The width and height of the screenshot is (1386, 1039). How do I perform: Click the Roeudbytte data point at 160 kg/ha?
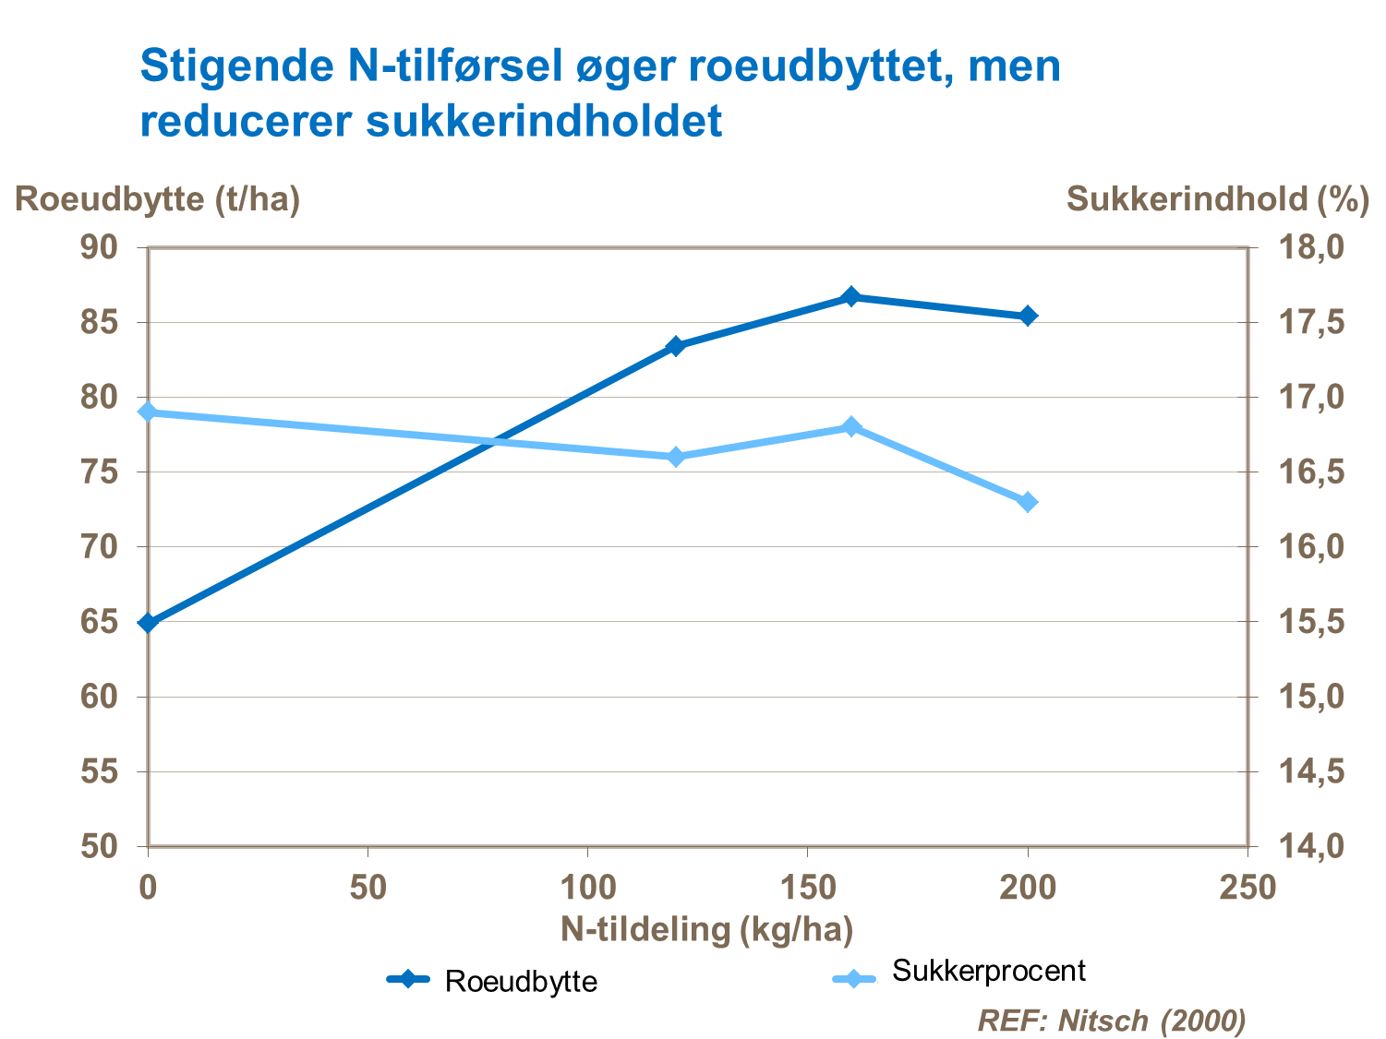851,297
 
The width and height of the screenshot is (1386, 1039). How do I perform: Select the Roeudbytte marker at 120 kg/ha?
676,346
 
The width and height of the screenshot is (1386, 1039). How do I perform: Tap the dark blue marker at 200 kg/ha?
1028,316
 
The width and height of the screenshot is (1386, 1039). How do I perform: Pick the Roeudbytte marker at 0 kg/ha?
149,623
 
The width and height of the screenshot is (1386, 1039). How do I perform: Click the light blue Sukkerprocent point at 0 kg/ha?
149,412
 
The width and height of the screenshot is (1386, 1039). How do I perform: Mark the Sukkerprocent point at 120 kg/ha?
676,457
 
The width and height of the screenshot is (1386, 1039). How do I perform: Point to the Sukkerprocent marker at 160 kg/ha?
851,426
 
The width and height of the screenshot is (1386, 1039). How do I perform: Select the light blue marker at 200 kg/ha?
1028,502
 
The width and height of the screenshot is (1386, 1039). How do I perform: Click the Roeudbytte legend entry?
492,980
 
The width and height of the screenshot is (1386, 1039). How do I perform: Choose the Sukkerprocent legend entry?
960,973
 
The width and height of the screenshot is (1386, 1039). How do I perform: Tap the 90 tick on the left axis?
100,247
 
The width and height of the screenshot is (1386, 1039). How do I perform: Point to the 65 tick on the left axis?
100,622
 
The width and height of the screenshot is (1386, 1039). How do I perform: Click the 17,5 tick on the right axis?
1311,323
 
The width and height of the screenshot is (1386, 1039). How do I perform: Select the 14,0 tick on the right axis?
1311,846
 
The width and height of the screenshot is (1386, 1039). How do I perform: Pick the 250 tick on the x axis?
1247,888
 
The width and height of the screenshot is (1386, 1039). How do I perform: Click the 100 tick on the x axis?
588,888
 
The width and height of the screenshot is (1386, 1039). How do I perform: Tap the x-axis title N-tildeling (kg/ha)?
706,929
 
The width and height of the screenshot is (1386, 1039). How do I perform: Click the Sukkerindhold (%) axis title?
1217,198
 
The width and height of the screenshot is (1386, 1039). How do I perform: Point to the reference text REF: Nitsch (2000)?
1112,1021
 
